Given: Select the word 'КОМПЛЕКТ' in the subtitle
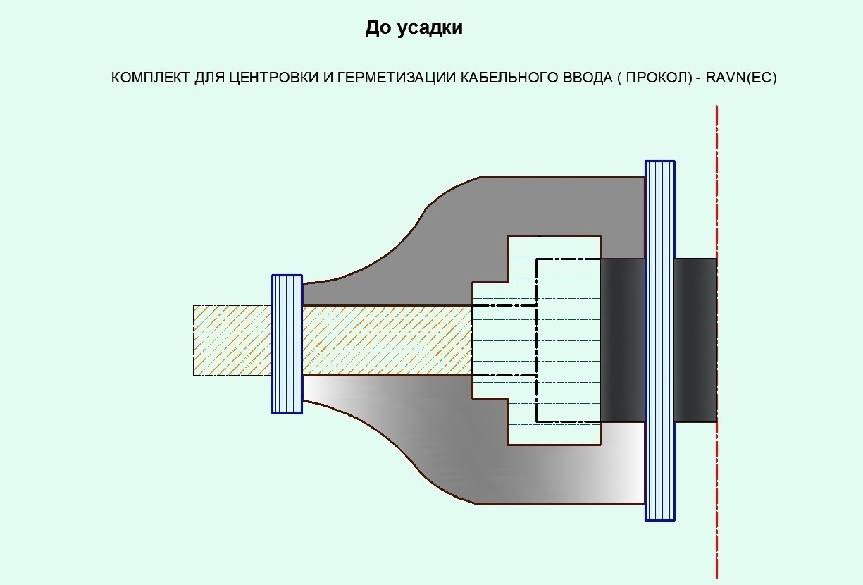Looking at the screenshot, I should [147, 78].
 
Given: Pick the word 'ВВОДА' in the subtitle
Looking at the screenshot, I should [580, 78].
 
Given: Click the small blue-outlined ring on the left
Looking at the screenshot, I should [287, 344].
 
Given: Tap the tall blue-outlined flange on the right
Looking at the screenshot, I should [660, 340].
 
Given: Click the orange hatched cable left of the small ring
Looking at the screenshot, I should [232, 340].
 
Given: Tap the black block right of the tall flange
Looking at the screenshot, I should [695, 340].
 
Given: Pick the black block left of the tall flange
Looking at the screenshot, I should [623, 340].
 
